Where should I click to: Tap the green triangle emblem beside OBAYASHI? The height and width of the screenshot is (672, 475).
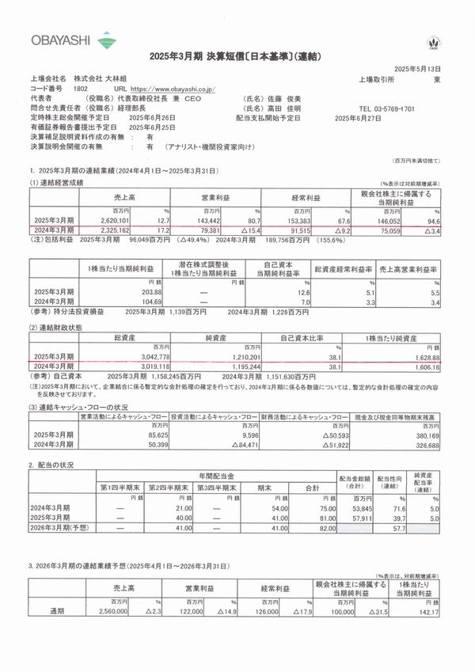(104, 37)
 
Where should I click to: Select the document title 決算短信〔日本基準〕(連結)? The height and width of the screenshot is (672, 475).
(235, 58)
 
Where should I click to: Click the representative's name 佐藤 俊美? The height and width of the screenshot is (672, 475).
(291, 98)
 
